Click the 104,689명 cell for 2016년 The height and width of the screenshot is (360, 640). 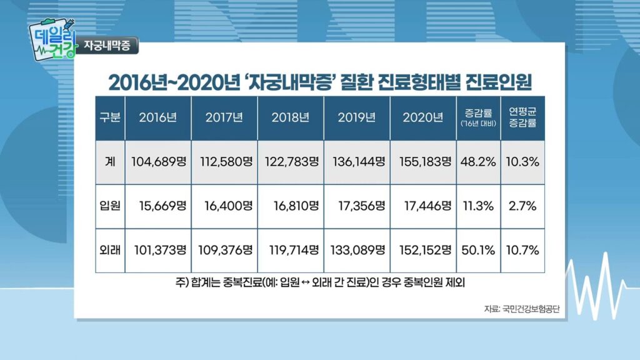click(159, 161)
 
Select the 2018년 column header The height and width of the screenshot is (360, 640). click(291, 117)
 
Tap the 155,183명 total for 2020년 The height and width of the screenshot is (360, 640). click(424, 161)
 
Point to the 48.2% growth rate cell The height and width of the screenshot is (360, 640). click(479, 161)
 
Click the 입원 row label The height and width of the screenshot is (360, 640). click(110, 205)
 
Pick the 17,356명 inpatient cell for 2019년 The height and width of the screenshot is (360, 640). click(357, 205)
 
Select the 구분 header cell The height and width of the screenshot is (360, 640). click(110, 117)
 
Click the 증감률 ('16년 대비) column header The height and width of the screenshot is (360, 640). click(479, 117)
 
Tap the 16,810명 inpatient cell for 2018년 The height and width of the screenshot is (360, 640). click(291, 205)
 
